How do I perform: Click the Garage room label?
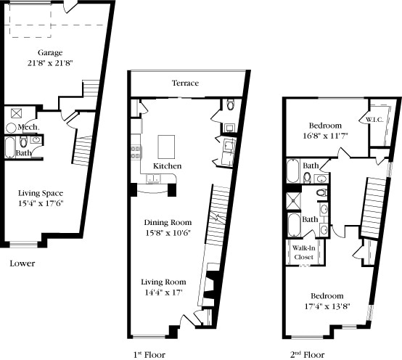(x=50, y=53)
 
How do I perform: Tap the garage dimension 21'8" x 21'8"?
(x=50, y=63)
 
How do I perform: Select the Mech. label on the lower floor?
(x=28, y=127)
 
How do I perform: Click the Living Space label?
(x=41, y=193)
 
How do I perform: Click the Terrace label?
(x=185, y=83)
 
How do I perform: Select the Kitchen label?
(x=167, y=166)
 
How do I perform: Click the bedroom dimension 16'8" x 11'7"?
(x=326, y=135)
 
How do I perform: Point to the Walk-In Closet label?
(x=303, y=253)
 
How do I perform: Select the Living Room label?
(x=165, y=282)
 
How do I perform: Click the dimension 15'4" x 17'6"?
(x=41, y=203)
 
